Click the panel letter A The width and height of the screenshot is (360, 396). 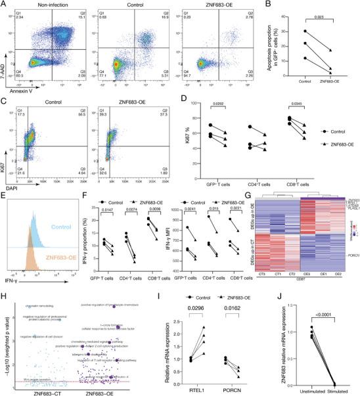[x=5, y=5]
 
